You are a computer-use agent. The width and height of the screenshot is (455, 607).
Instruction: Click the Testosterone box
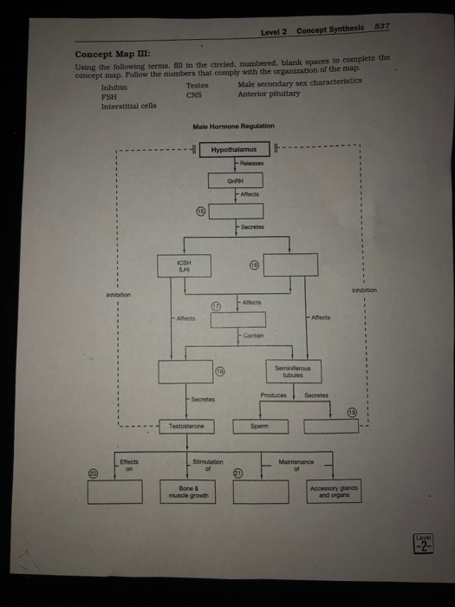pos(185,426)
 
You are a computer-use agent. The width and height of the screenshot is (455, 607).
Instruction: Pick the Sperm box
pos(258,427)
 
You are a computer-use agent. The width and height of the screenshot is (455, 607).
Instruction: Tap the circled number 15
pos(200,210)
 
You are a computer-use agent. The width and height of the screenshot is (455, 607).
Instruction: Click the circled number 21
pos(237,473)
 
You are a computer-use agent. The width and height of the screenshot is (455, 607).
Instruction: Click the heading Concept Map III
pos(107,53)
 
